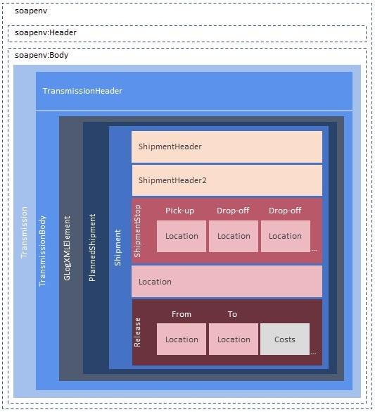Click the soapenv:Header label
46,32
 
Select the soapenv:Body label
42,54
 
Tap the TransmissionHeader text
82,91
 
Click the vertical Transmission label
25,233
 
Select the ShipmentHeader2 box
227,180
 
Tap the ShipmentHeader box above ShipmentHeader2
227,146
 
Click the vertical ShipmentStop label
137,231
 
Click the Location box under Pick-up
182,236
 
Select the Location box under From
182,339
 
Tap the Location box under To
234,339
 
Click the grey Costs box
285,339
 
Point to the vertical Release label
137,333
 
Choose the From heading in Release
182,314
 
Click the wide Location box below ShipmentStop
227,282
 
